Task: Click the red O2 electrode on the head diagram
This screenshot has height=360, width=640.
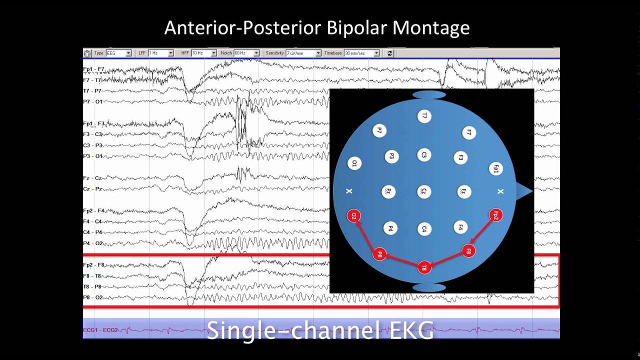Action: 353,216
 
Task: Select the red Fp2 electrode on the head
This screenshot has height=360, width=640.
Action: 495,215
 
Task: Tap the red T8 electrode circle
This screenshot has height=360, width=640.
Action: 424,267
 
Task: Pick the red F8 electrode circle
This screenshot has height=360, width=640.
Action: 468,250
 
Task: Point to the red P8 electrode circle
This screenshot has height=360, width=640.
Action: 379,254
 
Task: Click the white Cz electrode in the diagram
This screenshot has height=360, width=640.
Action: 424,191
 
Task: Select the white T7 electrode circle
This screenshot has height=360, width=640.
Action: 424,116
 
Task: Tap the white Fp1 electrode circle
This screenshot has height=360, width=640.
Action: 495,169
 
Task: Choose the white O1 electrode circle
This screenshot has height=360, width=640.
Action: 354,163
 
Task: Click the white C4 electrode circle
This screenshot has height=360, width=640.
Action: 424,229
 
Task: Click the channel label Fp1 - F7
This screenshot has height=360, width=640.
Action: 94,69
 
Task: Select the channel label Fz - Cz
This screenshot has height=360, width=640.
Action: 93,178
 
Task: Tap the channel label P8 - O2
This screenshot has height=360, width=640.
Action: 93,297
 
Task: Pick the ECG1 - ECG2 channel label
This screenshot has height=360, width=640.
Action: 100,330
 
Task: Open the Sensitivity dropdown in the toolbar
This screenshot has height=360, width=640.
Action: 318,53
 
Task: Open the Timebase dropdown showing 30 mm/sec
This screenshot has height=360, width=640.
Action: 376,53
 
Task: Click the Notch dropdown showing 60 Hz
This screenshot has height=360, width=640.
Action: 256,53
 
